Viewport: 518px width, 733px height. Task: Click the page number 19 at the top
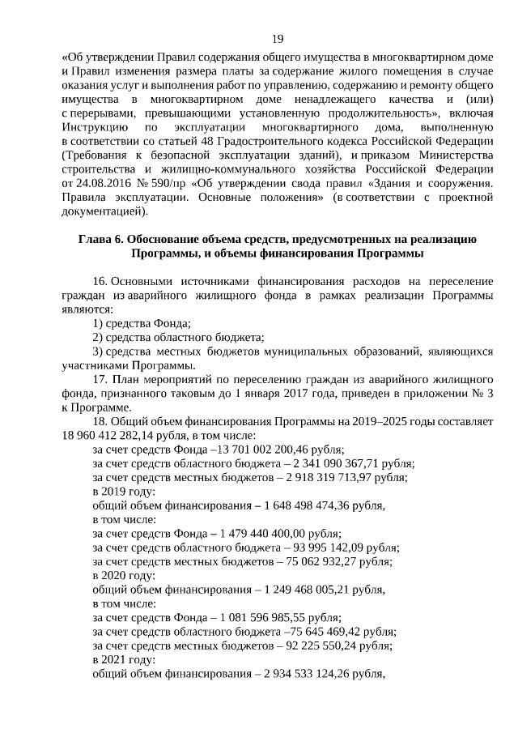pyautogui.click(x=277, y=39)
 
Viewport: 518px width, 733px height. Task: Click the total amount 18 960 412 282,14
pyautogui.click(x=103, y=435)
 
